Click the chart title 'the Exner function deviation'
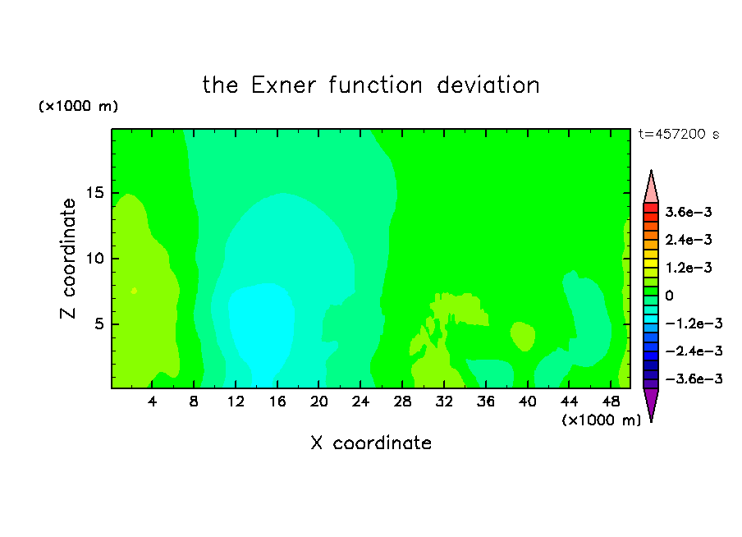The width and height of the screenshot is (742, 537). click(371, 85)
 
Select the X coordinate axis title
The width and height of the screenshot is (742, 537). click(371, 443)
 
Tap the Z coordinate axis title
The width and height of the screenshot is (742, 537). click(68, 259)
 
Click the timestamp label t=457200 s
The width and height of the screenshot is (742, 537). click(679, 135)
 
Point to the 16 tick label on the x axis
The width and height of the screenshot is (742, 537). click(277, 402)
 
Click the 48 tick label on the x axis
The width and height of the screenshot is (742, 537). click(611, 402)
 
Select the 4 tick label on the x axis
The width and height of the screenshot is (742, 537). click(152, 402)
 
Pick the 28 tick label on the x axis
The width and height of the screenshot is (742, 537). click(402, 402)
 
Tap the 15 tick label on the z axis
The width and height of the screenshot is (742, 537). click(94, 193)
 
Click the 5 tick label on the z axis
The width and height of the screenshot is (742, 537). click(99, 324)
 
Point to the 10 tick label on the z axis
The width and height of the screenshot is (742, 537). click(94, 259)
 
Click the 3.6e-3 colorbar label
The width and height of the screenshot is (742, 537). click(689, 212)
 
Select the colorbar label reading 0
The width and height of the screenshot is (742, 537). click(669, 296)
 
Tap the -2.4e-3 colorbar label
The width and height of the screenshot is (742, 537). click(694, 351)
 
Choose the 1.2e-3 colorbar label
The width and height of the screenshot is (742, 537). click(689, 268)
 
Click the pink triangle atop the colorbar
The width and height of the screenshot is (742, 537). click(651, 190)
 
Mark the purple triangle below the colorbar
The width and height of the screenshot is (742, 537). click(651, 402)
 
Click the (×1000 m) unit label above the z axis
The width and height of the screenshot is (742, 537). click(78, 106)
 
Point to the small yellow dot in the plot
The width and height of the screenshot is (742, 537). click(134, 291)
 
